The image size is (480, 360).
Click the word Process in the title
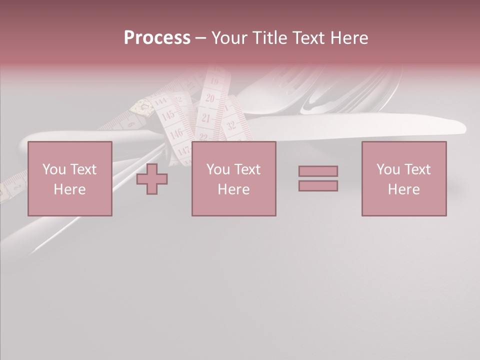click(x=157, y=38)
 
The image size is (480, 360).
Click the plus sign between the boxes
click(x=152, y=179)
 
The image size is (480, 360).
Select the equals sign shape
click(x=318, y=178)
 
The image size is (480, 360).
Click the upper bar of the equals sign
click(x=318, y=171)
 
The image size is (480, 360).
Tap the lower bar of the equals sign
click(x=318, y=186)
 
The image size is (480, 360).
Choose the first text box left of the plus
click(x=70, y=179)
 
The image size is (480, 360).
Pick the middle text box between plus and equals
click(x=234, y=179)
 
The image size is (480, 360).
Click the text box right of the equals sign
click(x=404, y=179)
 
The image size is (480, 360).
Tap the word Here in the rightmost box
click(x=404, y=189)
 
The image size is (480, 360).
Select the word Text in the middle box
click(x=247, y=169)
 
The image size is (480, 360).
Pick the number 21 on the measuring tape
click(x=206, y=118)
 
